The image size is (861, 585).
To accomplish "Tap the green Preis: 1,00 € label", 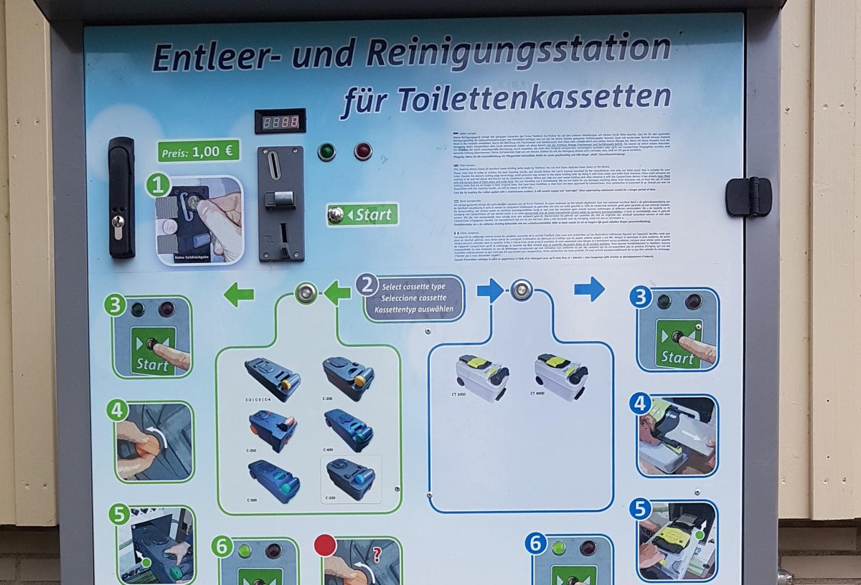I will [x=199, y=151].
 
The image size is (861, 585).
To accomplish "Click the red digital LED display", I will [x=280, y=122].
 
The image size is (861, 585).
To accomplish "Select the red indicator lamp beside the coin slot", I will [x=363, y=151].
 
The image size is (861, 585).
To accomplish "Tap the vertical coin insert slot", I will [x=274, y=167].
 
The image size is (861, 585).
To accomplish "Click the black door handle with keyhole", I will [x=121, y=197].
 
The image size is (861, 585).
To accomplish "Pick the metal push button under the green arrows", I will [x=306, y=292].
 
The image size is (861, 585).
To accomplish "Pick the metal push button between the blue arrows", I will [x=522, y=290].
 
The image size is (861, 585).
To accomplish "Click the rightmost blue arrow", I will [x=589, y=289].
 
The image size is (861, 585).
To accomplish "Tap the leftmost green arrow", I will [x=239, y=294].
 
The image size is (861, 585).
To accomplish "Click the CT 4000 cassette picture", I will [x=561, y=374].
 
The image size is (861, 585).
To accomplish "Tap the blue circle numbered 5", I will [x=640, y=510].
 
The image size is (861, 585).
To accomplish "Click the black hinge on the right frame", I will [x=747, y=196].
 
